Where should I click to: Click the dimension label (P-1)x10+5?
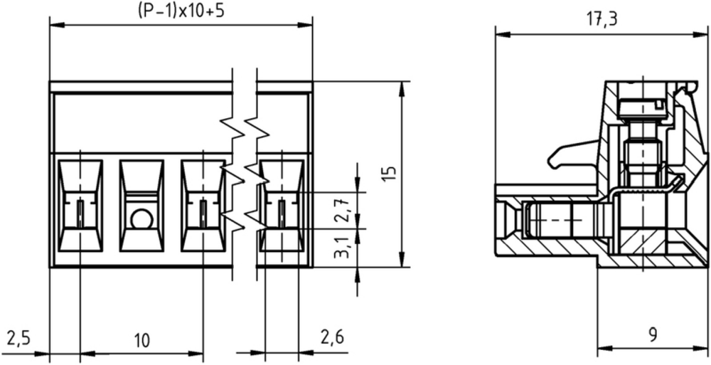click(181, 11)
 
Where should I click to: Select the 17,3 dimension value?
click(602, 19)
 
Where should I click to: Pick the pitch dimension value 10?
click(141, 340)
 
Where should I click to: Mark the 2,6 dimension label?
click(332, 337)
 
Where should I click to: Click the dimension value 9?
click(653, 335)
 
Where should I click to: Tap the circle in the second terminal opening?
click(141, 219)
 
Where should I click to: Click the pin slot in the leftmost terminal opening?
click(80, 213)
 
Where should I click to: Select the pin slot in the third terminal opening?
click(203, 213)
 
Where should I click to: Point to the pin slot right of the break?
click(282, 213)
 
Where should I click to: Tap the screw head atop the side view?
click(643, 108)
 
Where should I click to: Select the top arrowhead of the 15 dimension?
click(402, 90)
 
